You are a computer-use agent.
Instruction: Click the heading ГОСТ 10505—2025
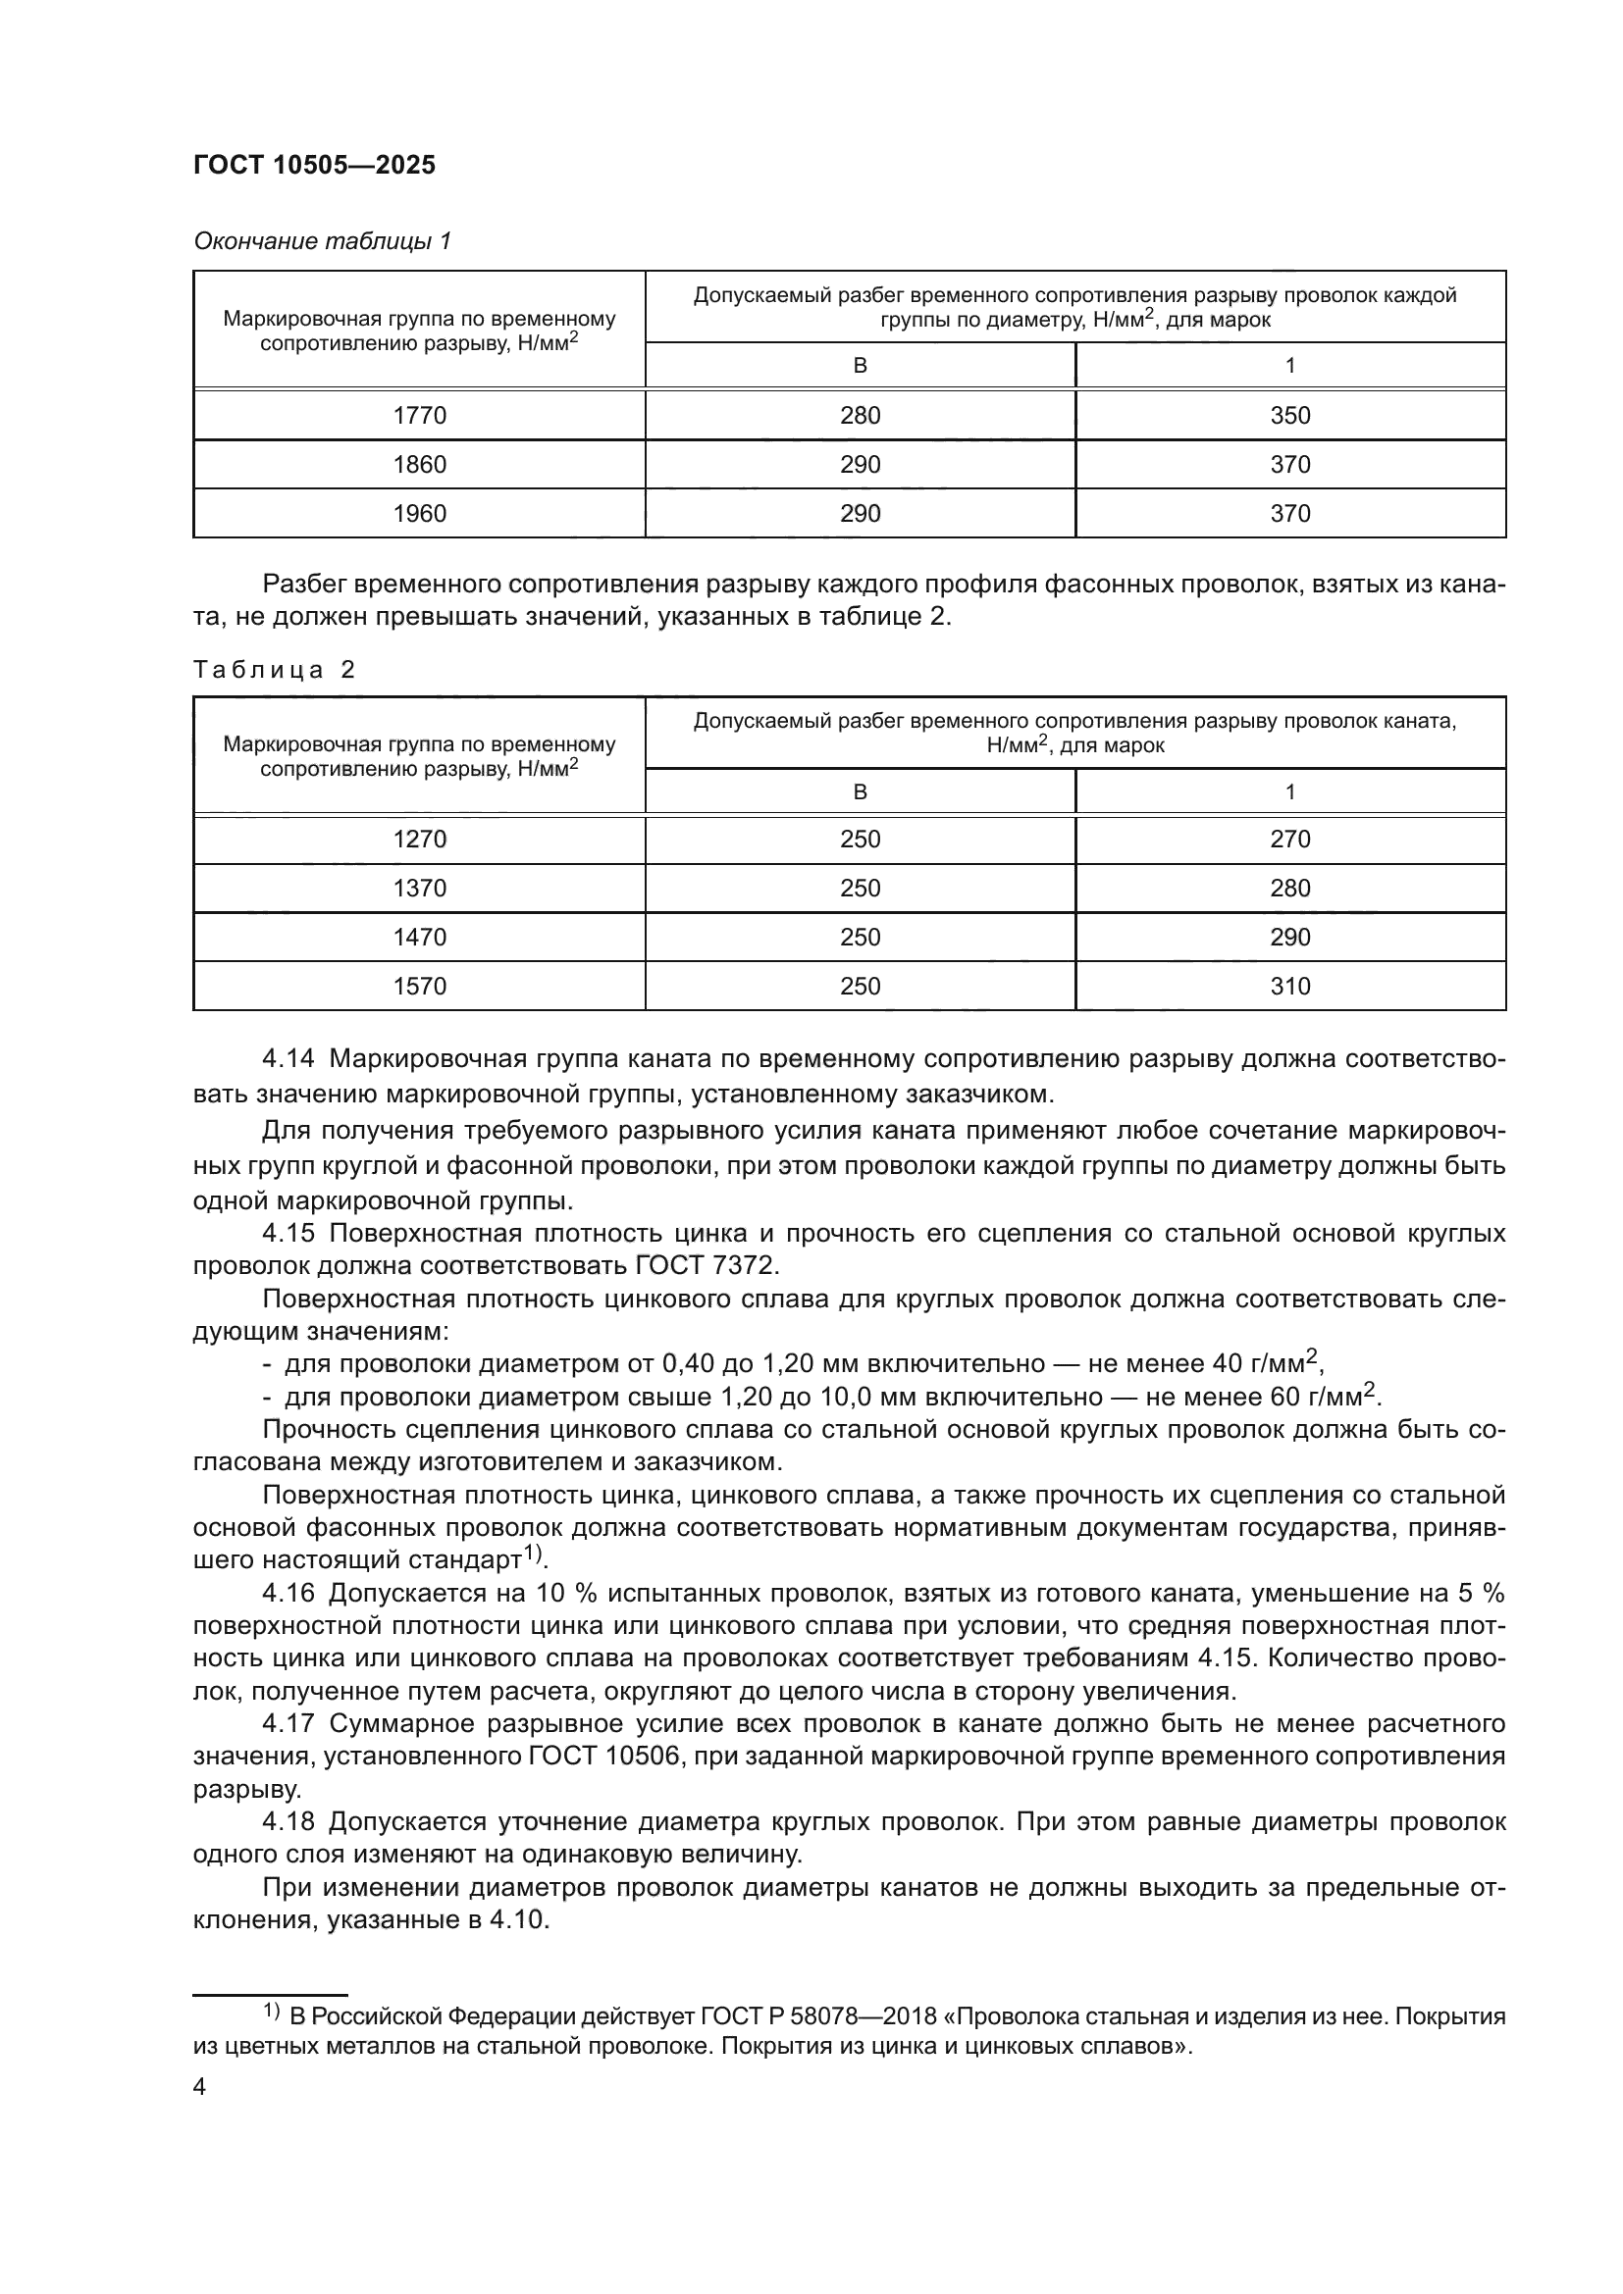[315, 166]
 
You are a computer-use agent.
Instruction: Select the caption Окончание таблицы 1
[322, 242]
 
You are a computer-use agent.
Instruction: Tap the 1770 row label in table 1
[420, 416]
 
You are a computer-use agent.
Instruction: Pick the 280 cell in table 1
[860, 416]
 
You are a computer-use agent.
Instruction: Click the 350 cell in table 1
[1289, 416]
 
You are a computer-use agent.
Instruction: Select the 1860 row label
[420, 465]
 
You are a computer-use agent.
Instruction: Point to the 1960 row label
[420, 514]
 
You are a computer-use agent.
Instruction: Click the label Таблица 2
[274, 670]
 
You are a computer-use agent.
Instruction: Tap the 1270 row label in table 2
[420, 840]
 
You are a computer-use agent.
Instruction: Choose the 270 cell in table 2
[1289, 840]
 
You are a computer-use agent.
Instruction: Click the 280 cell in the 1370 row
[1289, 889]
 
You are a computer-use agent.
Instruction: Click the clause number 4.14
[288, 1059]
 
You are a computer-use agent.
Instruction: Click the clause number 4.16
[288, 1593]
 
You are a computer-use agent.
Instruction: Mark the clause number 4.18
[288, 1822]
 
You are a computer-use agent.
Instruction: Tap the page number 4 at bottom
[200, 2087]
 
